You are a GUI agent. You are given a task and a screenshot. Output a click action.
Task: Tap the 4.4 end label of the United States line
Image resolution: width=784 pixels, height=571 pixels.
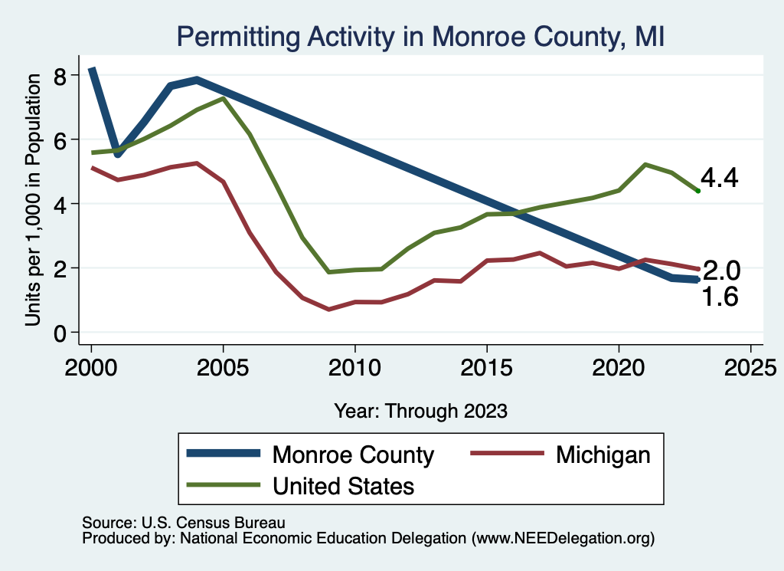coord(720,179)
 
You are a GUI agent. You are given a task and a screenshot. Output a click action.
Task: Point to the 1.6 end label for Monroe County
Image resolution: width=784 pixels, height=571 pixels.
coord(720,297)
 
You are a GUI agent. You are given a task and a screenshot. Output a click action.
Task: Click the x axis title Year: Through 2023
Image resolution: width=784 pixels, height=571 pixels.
coord(420,411)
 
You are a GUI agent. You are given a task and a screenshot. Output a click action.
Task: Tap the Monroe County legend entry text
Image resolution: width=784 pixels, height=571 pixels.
coord(353,455)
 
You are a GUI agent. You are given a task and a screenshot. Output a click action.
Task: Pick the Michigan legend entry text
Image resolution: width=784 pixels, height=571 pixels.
coord(603,455)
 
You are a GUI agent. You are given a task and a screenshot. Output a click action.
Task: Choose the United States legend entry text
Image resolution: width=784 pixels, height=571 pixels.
coord(343,486)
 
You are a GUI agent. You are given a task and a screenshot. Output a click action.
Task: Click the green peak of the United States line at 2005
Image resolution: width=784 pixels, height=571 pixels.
coord(223,98)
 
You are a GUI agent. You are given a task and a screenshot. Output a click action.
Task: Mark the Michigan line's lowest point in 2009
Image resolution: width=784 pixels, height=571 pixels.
coord(328,310)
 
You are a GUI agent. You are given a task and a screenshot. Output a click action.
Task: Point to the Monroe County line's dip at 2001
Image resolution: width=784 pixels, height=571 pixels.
coord(118,154)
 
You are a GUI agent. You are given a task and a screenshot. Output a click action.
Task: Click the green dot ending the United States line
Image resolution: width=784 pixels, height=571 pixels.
coord(697,190)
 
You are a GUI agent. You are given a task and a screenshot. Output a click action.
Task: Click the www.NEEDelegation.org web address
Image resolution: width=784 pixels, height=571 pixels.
coord(563,538)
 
